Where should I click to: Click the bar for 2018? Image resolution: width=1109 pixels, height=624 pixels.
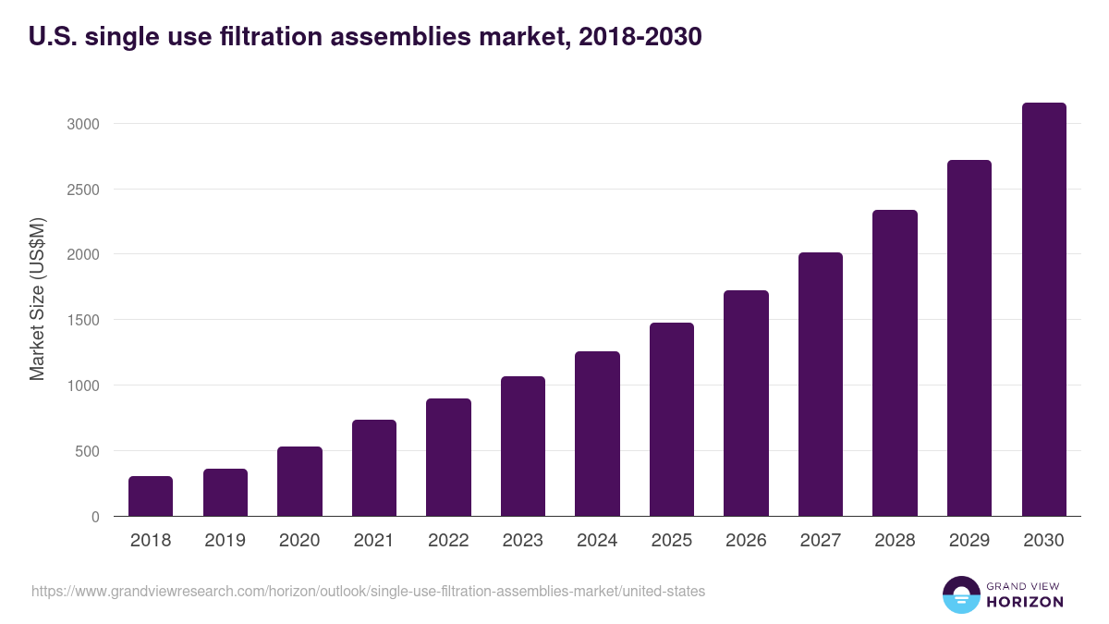151,496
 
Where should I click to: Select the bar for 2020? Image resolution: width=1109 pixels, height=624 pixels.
299,482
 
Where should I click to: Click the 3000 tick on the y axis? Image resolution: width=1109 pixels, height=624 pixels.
83,124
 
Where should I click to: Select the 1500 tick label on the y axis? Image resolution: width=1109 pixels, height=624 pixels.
83,321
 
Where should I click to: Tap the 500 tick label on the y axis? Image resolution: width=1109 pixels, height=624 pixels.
87,452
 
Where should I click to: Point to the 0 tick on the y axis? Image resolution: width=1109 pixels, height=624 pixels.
95,518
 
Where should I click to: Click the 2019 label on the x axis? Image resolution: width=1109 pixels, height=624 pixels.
225,541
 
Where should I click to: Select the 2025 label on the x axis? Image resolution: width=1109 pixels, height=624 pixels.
671,541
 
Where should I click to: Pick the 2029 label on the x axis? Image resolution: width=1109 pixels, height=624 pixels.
969,541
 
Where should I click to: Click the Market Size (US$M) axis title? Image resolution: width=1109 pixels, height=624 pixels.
37,299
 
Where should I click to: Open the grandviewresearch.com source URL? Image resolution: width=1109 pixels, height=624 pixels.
369,591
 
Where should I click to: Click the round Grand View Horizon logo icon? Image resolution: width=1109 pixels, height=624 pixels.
960,594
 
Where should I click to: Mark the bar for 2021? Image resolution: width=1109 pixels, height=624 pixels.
374,469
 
